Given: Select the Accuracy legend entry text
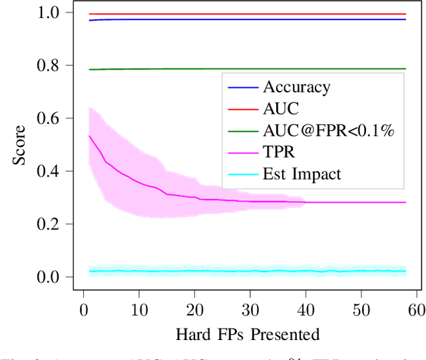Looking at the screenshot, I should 297,87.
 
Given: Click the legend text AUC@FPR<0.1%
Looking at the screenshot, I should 329,131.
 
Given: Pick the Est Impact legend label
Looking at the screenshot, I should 302,175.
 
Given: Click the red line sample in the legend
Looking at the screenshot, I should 242,109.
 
